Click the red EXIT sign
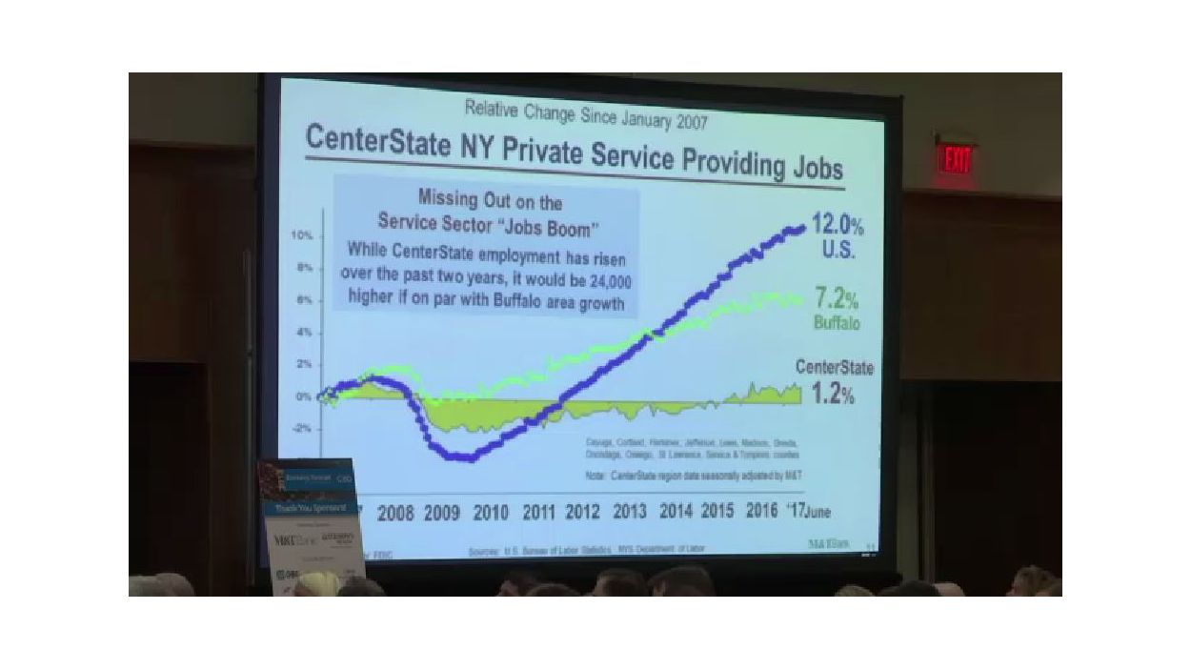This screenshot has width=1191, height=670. (x=956, y=159)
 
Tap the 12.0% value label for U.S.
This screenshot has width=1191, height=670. (x=837, y=228)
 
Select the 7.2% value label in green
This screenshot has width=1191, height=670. (x=837, y=298)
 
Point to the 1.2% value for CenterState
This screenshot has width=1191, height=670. (x=834, y=394)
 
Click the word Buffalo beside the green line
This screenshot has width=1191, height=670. (x=837, y=323)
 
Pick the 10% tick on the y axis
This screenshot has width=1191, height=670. (x=302, y=234)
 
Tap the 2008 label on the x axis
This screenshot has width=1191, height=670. (x=395, y=514)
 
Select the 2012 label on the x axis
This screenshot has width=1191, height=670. (x=582, y=512)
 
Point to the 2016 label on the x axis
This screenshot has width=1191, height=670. (x=761, y=510)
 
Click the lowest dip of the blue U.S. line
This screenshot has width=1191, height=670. (x=463, y=457)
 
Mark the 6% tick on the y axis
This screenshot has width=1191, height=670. (x=303, y=299)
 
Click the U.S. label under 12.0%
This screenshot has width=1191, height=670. (x=838, y=252)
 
